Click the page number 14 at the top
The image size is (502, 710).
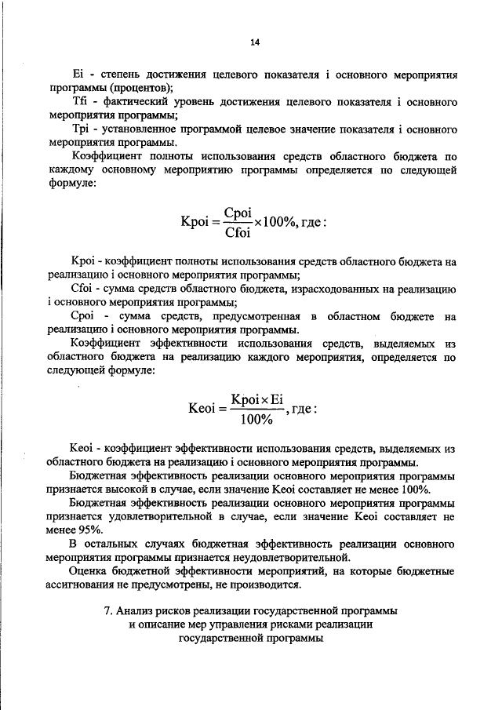coord(254,42)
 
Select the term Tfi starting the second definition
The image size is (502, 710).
coord(79,103)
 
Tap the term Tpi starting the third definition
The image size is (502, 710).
coord(79,129)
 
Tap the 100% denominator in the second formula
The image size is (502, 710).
coord(255,419)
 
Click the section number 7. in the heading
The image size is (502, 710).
coord(110,610)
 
